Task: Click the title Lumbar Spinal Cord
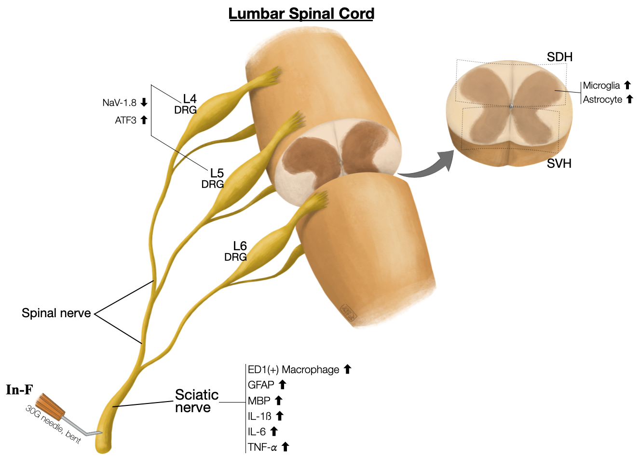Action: point(301,13)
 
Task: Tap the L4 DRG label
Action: point(187,104)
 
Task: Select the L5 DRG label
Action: point(214,178)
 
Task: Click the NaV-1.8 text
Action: point(119,103)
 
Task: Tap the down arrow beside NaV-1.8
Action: point(144,102)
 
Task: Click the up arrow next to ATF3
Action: point(144,120)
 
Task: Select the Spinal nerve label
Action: point(56,313)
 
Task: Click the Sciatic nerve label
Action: point(196,401)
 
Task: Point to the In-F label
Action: point(19,390)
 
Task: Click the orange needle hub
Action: point(51,408)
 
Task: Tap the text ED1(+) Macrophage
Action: point(293,370)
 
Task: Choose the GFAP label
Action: point(261,385)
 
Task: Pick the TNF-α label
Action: point(262,447)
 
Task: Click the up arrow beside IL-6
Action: point(274,431)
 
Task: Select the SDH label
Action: point(559,57)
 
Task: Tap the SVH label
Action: point(559,164)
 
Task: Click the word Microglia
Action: point(601,85)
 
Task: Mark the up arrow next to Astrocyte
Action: point(629,99)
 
